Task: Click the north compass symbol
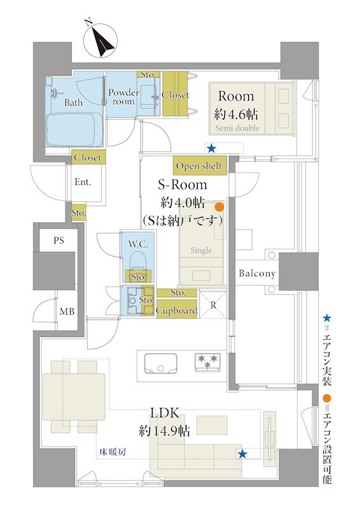tap(100, 41)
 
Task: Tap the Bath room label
tap(73, 102)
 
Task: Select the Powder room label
tap(123, 97)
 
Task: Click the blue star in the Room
tap(212, 149)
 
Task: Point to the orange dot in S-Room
tap(220, 206)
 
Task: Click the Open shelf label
tap(199, 166)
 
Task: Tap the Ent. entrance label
tap(83, 182)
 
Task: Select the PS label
tap(59, 241)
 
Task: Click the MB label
tap(67, 312)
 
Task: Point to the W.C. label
tap(138, 244)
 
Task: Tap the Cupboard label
tap(177, 310)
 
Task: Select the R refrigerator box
tap(213, 305)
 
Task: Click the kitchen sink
tap(161, 363)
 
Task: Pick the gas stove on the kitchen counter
tap(207, 362)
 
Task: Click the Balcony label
tap(257, 274)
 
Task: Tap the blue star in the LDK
tap(242, 454)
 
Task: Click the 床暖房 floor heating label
tap(113, 452)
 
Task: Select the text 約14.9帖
tap(164, 431)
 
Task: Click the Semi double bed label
tap(237, 128)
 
